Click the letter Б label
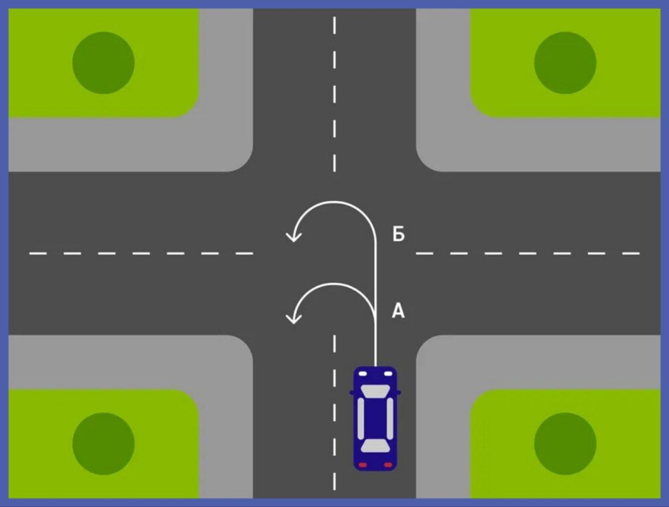click(x=398, y=235)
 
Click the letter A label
click(x=398, y=311)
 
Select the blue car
click(x=375, y=418)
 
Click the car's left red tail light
click(x=362, y=465)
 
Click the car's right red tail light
click(x=388, y=465)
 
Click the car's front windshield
click(x=375, y=390)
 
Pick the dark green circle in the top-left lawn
click(x=104, y=62)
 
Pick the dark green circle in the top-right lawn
click(x=565, y=62)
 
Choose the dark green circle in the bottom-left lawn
click(x=104, y=443)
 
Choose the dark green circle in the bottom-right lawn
click(x=565, y=443)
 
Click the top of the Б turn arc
click(x=334, y=202)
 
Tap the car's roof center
click(x=375, y=418)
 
